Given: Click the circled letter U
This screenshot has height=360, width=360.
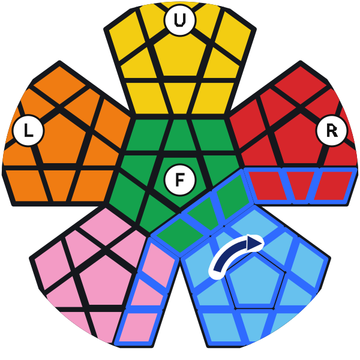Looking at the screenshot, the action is [180, 20].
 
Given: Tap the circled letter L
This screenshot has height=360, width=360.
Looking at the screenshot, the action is [28, 130].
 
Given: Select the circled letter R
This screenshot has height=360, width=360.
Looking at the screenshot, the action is [332, 131].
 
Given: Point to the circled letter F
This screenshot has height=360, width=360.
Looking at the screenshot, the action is [180, 180].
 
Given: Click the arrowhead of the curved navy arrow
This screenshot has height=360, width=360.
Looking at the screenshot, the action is [254, 244].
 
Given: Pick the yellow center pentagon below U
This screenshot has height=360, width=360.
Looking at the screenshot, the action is [180, 56].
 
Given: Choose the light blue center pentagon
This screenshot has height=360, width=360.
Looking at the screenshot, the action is [255, 283].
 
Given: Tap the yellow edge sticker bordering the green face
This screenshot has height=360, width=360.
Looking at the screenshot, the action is [180, 98].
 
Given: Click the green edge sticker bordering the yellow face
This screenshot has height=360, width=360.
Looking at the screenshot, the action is [180, 135].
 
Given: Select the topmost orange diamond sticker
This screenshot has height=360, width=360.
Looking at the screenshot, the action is [59, 85].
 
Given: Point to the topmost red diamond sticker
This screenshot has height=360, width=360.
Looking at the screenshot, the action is [301, 85].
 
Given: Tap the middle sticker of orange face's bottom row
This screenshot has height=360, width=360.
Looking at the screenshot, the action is [59, 185].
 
